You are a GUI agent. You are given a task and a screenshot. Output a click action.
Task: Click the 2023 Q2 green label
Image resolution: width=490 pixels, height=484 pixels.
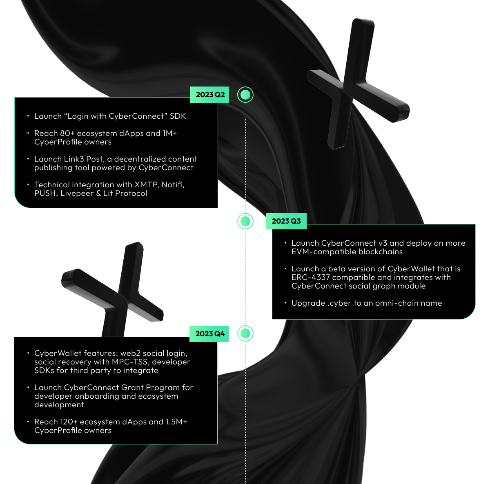pos(209,95)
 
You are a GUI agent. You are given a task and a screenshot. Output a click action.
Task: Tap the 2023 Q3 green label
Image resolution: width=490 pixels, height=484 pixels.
pos(286,221)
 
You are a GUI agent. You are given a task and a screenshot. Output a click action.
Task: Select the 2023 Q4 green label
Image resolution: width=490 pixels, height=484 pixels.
pos(209,334)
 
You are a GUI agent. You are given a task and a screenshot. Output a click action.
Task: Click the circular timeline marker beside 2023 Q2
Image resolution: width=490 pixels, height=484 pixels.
pos(245,95)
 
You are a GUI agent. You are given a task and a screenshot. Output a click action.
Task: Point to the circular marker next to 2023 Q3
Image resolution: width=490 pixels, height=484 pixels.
pos(245,221)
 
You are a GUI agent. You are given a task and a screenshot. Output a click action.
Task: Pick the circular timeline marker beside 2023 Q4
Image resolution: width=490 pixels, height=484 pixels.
pos(245,333)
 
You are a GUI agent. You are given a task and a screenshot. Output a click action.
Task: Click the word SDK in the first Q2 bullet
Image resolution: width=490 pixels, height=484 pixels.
pos(178,116)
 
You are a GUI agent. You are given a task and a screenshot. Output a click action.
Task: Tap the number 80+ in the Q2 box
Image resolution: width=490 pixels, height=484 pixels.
pos(67,133)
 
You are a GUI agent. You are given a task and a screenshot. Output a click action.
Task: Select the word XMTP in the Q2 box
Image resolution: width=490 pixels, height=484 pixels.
pos(147,184)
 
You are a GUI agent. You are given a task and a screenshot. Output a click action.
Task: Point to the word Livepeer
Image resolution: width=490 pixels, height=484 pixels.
pos(77,193)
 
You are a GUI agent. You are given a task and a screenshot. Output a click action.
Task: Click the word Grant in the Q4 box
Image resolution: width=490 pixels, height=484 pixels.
pos(132,387)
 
